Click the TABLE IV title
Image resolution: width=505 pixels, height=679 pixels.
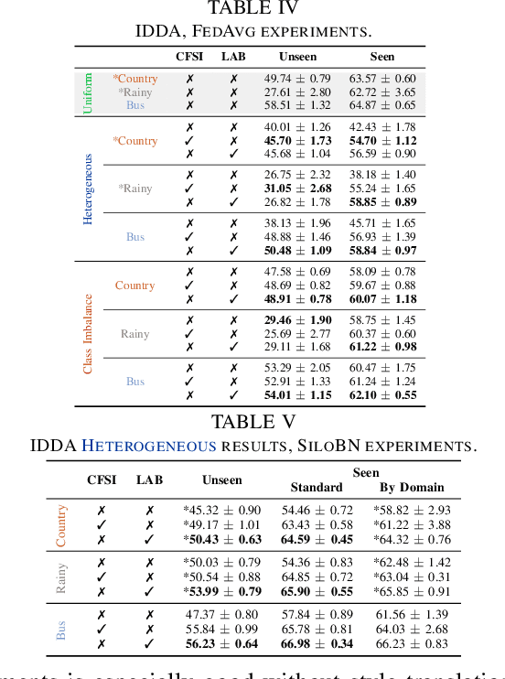(252, 9)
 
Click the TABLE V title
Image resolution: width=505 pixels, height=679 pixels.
(252, 422)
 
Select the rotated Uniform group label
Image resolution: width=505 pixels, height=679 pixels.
(88, 92)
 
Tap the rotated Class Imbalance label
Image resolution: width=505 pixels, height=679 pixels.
(88, 333)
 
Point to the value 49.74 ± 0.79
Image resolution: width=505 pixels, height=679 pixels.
(296, 79)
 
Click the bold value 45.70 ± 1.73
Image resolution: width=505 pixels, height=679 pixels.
(296, 141)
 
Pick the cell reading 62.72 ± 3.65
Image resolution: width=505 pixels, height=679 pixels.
(382, 92)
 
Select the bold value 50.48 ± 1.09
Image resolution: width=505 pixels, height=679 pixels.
(296, 251)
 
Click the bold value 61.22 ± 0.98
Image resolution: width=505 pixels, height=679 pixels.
(382, 347)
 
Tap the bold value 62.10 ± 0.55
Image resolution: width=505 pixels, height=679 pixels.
(382, 395)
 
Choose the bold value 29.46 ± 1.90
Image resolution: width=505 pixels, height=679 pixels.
(296, 320)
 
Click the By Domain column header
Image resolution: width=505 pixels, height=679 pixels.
(412, 488)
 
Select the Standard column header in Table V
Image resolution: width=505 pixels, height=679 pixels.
(316, 488)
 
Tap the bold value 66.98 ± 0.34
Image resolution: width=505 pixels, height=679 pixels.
(317, 644)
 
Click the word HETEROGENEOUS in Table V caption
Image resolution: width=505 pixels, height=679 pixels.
(149, 447)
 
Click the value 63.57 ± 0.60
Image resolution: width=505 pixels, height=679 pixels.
(382, 79)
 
